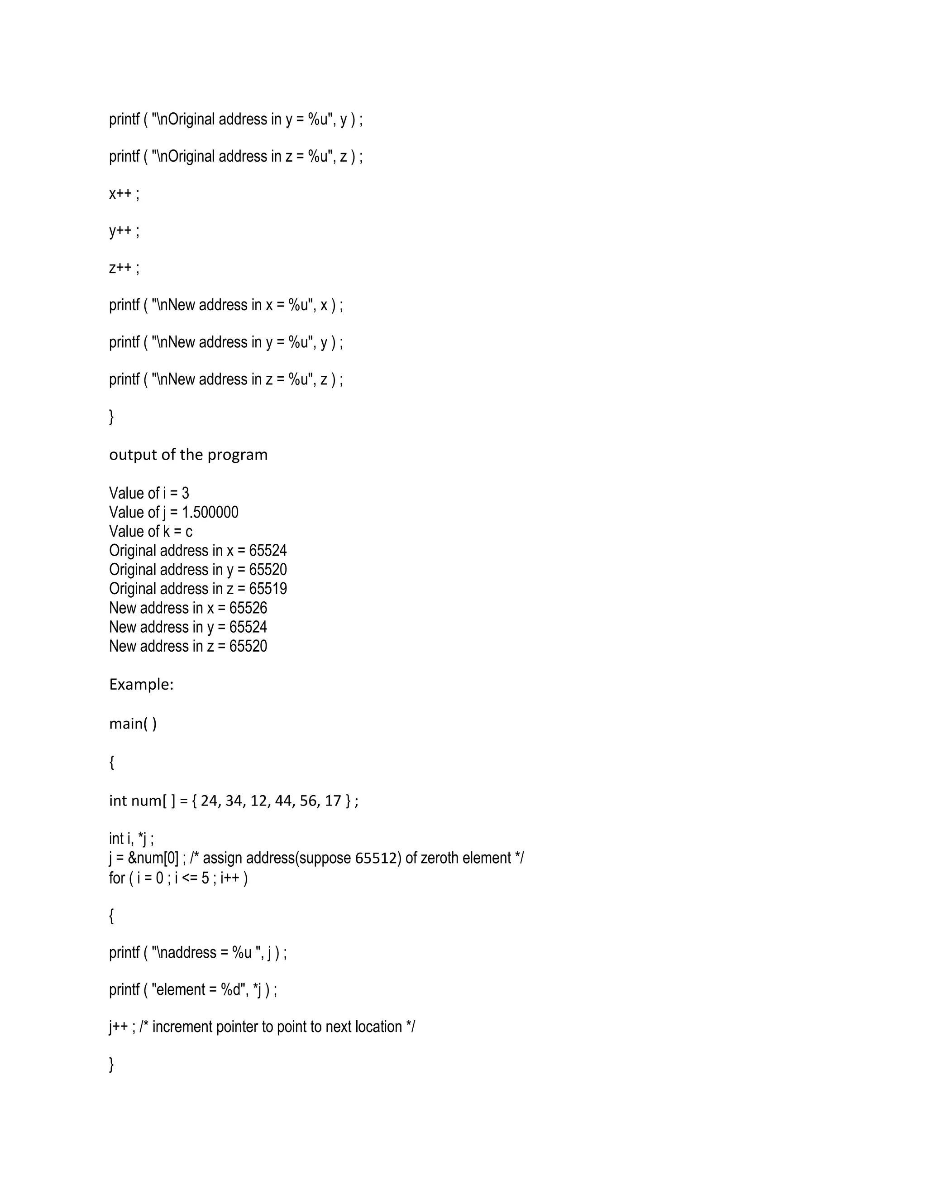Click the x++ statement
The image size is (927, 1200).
[124, 193]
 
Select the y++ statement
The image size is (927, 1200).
[124, 231]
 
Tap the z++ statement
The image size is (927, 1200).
[124, 268]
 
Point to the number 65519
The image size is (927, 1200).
[268, 589]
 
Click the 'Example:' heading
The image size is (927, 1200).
[141, 684]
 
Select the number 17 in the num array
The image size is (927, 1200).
[333, 801]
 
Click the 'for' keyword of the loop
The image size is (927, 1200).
[116, 878]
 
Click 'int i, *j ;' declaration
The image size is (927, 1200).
[131, 839]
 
